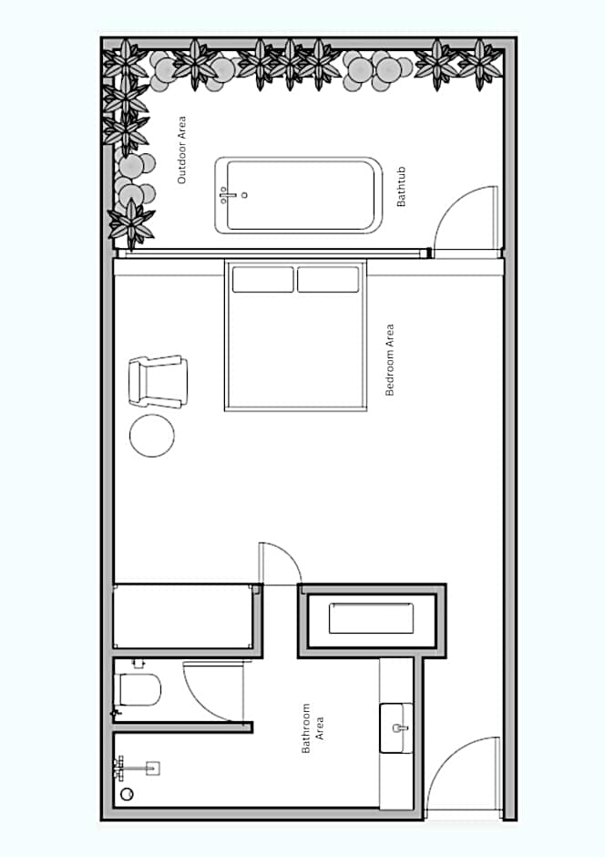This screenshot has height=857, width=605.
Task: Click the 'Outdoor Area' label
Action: coord(182,150)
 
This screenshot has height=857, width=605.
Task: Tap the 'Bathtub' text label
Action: coord(401,186)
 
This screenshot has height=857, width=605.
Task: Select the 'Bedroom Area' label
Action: coord(389,359)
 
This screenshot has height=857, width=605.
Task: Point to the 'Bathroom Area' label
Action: coord(313,728)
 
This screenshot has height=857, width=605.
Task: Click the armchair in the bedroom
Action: coord(159,381)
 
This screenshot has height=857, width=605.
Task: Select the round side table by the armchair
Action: coord(152,436)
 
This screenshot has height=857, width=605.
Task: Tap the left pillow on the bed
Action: coord(263,279)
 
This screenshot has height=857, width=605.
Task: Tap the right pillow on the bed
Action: coord(328,279)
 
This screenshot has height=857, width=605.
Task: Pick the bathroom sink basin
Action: coord(397,728)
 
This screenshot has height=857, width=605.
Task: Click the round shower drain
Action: coord(127,794)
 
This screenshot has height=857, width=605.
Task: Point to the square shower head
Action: coord(153,769)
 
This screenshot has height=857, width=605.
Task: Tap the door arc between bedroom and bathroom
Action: coord(289,553)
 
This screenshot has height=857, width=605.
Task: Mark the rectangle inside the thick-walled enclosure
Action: coord(372,618)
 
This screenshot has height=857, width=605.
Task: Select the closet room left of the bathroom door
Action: coord(184,616)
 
